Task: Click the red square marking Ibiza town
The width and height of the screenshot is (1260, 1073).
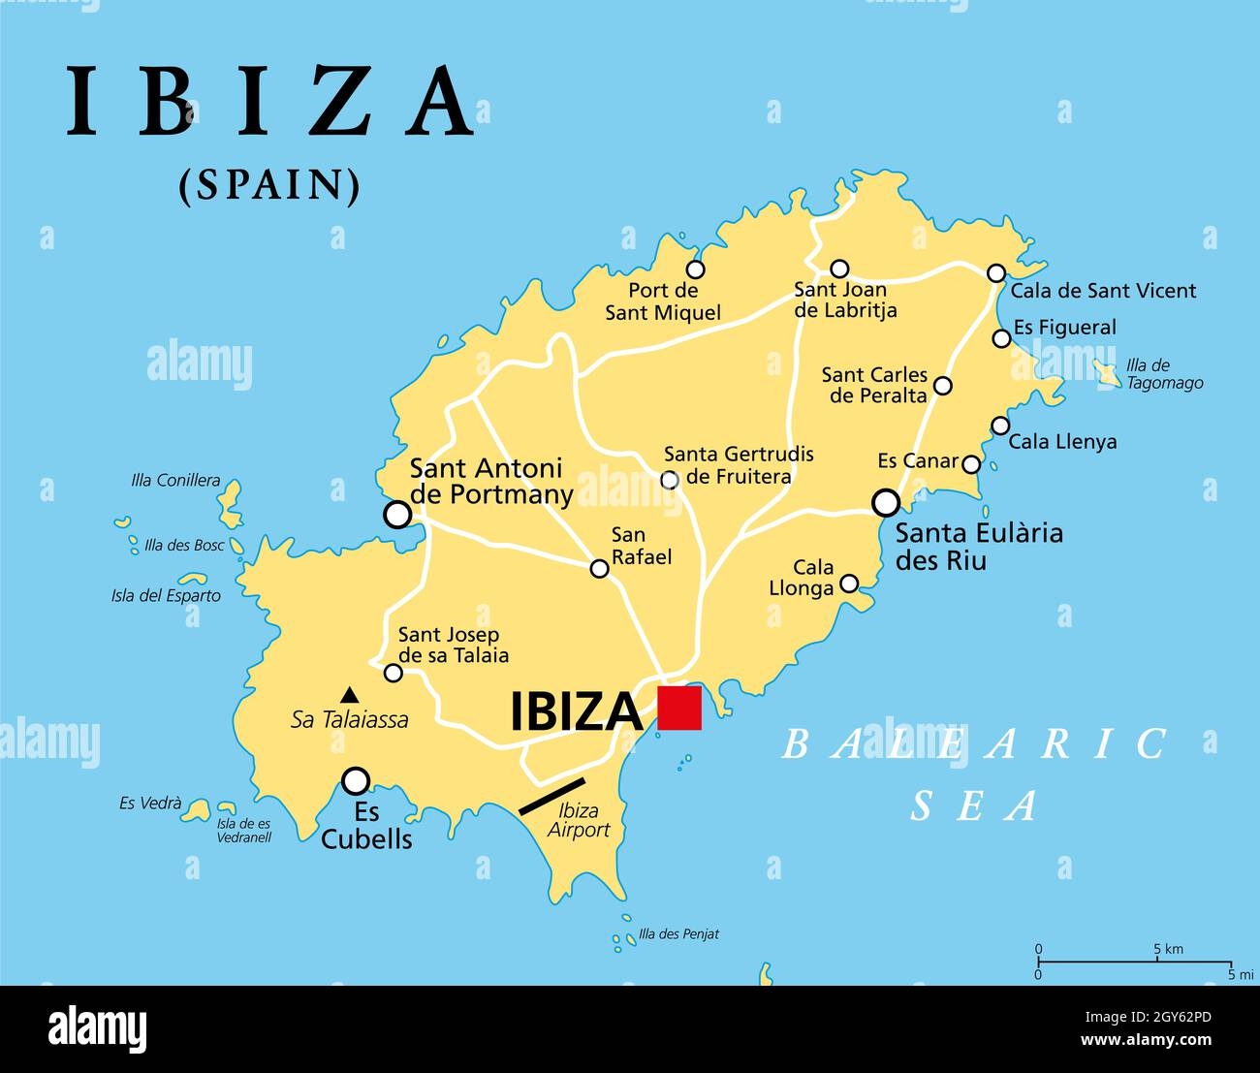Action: pyautogui.click(x=678, y=708)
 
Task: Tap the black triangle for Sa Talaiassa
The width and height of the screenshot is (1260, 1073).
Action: pyautogui.click(x=350, y=695)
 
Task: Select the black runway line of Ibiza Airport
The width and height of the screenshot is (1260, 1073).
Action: pyautogui.click(x=551, y=795)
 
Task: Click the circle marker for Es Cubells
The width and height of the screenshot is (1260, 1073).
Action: pyautogui.click(x=357, y=779)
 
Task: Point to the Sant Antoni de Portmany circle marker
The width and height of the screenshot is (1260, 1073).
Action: pyautogui.click(x=397, y=514)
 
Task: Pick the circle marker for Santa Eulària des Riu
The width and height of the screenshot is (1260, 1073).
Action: pyautogui.click(x=886, y=502)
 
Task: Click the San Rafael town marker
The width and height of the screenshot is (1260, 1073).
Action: pyautogui.click(x=600, y=569)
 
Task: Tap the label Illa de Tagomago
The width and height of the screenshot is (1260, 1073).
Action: pyautogui.click(x=1164, y=374)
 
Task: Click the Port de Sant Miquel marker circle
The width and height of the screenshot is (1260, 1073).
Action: pyautogui.click(x=695, y=269)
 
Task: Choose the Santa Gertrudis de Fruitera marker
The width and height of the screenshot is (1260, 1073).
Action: pyautogui.click(x=669, y=479)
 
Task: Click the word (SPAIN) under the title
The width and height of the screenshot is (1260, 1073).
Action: pyautogui.click(x=269, y=185)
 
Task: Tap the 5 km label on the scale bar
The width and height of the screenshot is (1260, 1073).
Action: pyautogui.click(x=1168, y=949)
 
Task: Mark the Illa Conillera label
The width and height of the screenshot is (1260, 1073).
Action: pyautogui.click(x=175, y=481)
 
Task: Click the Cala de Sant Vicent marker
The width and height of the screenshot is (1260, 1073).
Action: pyautogui.click(x=996, y=273)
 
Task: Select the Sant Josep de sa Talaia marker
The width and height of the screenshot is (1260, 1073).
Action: pyautogui.click(x=393, y=673)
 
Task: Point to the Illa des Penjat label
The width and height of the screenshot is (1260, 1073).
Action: pyautogui.click(x=678, y=935)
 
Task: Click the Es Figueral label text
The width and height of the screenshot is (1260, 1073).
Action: pyautogui.click(x=1064, y=328)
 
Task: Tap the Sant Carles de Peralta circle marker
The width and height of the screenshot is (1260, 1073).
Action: pyautogui.click(x=942, y=386)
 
